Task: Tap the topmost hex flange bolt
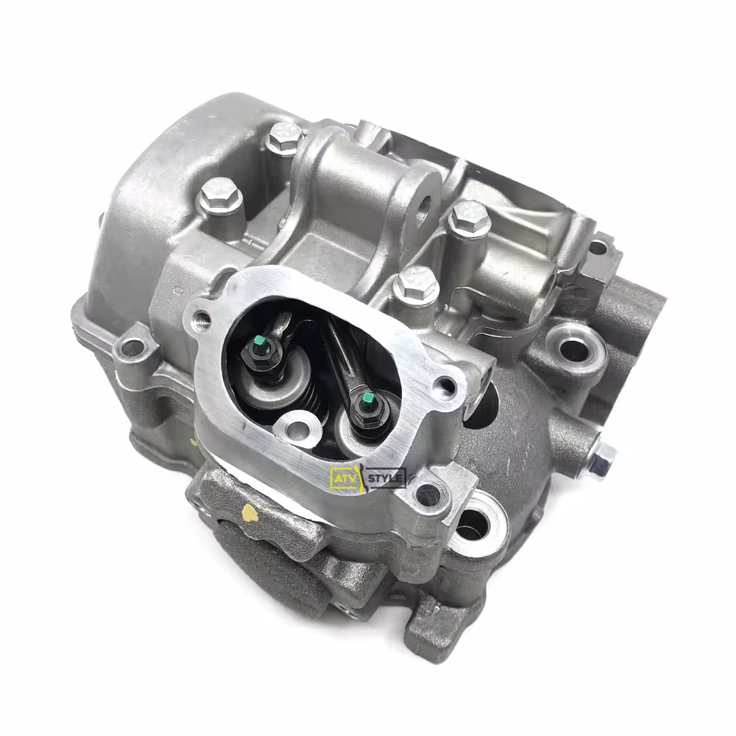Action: [284, 136]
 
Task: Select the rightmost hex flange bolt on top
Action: [470, 217]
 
